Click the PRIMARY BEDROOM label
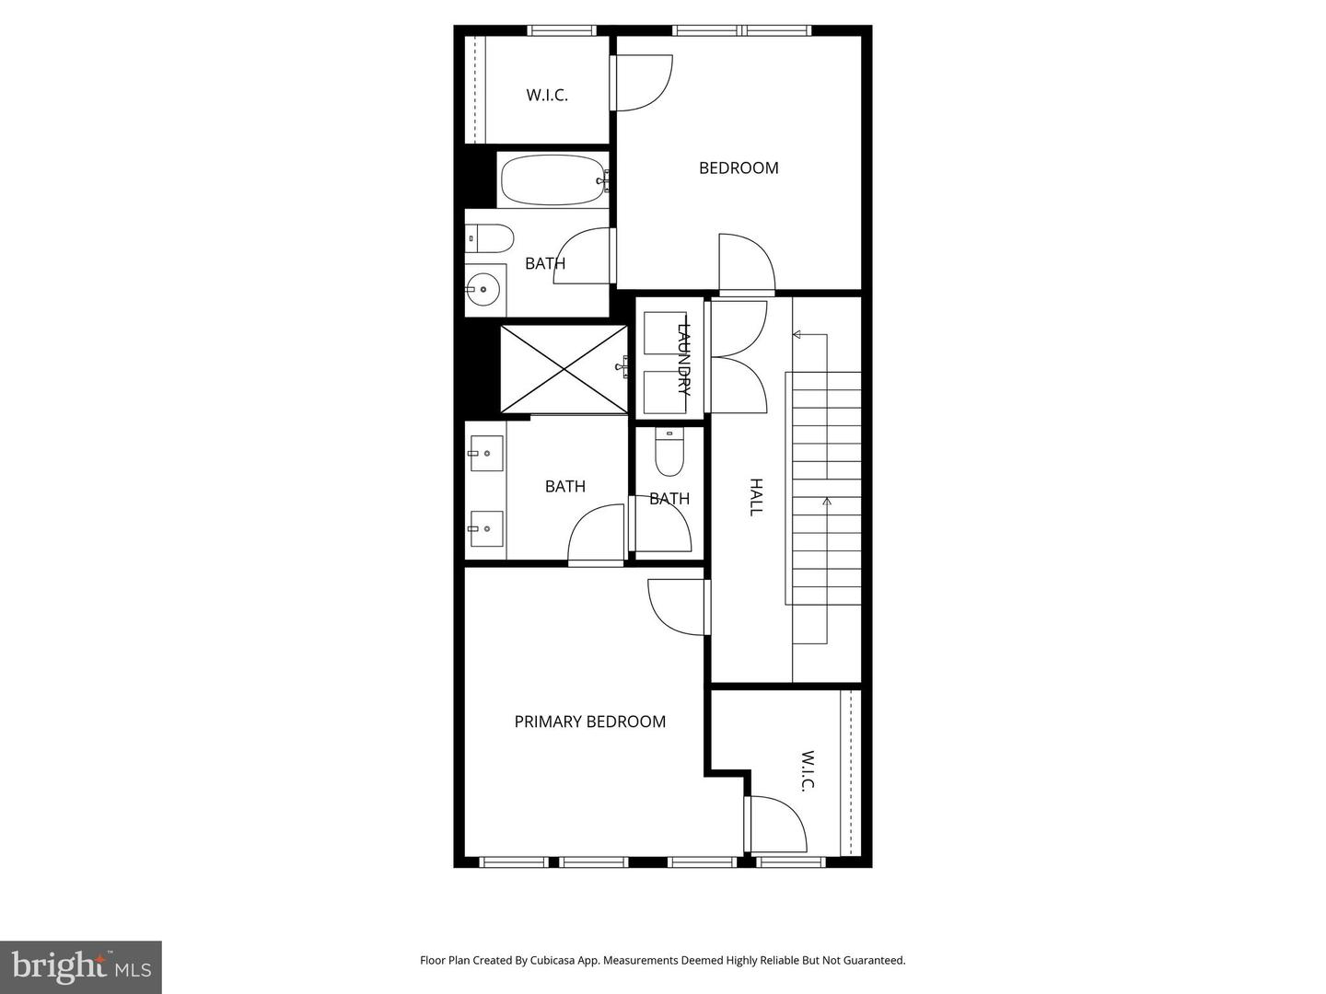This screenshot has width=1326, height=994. tap(589, 722)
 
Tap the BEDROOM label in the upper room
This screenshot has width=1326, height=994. tap(739, 168)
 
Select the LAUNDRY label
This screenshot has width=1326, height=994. tap(683, 358)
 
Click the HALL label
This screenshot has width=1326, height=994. tap(756, 497)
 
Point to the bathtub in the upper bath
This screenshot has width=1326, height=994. tap(552, 181)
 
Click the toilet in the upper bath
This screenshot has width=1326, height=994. tap(489, 239)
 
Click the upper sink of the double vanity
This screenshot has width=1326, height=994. tap(486, 453)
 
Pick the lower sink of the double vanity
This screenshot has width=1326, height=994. tap(486, 528)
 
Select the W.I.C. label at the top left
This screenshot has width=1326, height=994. tap(547, 95)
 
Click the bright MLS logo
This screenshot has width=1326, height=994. tap(81, 966)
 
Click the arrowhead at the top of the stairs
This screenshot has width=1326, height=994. tap(797, 335)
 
